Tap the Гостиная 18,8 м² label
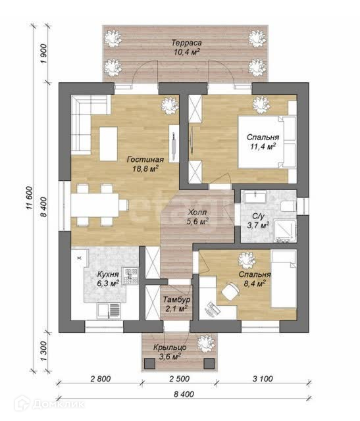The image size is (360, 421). (145, 164)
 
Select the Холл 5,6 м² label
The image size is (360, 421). (197, 217)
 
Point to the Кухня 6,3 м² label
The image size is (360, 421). (108, 279)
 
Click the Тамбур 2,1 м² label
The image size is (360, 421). (177, 304)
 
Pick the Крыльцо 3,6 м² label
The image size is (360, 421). (170, 352)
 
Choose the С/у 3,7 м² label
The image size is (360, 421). (258, 221)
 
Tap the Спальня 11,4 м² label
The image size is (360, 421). (263, 142)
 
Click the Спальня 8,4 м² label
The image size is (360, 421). (255, 279)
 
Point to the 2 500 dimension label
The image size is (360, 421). (180, 379)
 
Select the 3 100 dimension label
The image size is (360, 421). (263, 379)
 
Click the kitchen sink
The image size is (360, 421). (109, 310)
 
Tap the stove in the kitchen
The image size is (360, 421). (130, 276)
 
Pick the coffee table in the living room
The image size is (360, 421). (109, 143)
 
